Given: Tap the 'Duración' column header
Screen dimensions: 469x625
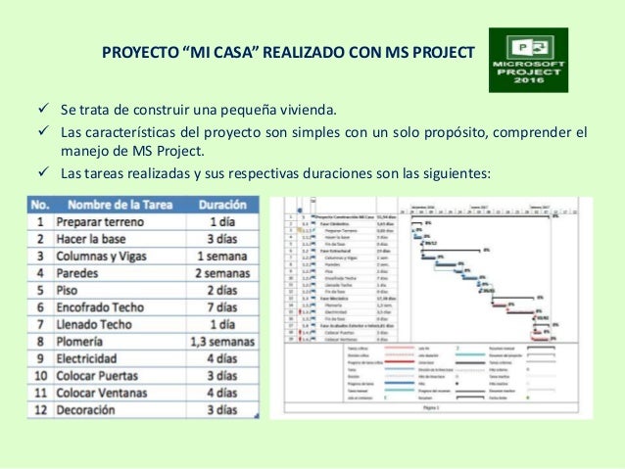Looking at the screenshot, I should click(221, 207).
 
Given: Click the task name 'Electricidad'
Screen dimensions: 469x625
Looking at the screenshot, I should click(96, 358).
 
